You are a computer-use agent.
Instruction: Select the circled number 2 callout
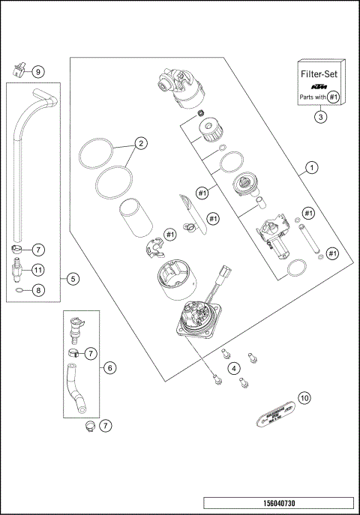pyautogui.click(x=139, y=142)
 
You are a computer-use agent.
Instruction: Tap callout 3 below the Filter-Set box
pyautogui.click(x=320, y=116)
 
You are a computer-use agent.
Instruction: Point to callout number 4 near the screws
pyautogui.click(x=234, y=368)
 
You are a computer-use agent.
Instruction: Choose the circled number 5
pyautogui.click(x=73, y=279)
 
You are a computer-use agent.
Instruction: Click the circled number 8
pyautogui.click(x=39, y=289)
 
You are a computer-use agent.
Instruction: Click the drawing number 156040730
pyautogui.click(x=277, y=503)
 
